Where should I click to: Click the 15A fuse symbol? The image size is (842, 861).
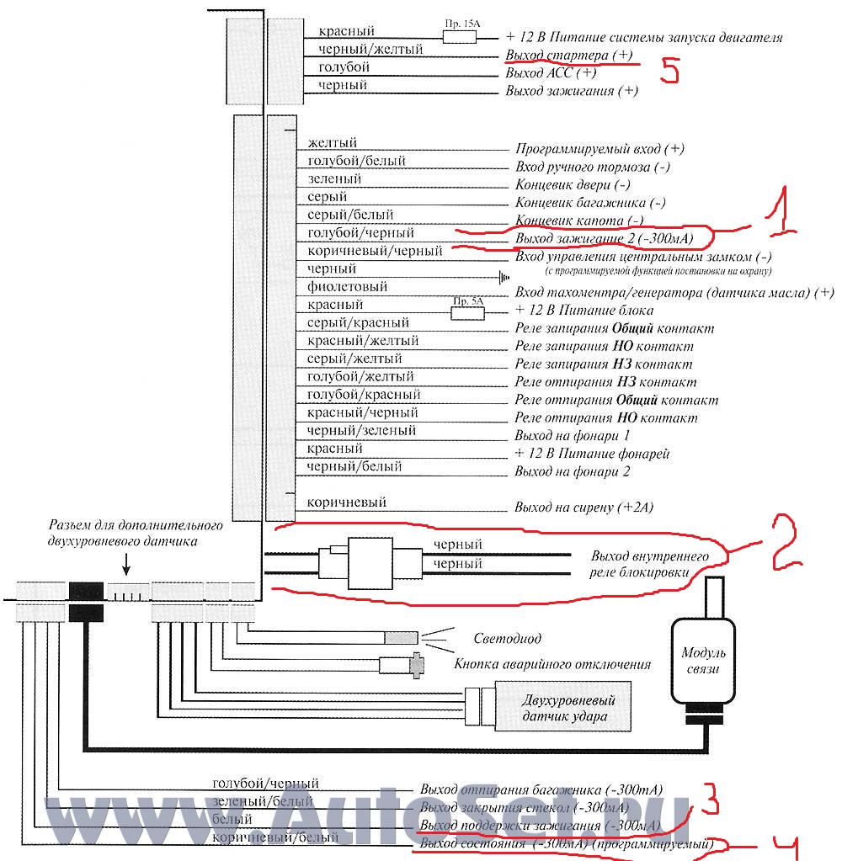(461, 36)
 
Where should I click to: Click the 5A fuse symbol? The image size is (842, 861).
(468, 312)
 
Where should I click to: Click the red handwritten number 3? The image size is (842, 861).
(710, 798)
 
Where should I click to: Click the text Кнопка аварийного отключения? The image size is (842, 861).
(552, 664)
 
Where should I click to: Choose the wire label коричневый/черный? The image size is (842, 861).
(375, 251)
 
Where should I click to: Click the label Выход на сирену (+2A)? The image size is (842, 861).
(584, 508)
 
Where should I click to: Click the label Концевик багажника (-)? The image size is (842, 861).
(589, 203)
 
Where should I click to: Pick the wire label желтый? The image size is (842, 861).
(333, 142)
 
